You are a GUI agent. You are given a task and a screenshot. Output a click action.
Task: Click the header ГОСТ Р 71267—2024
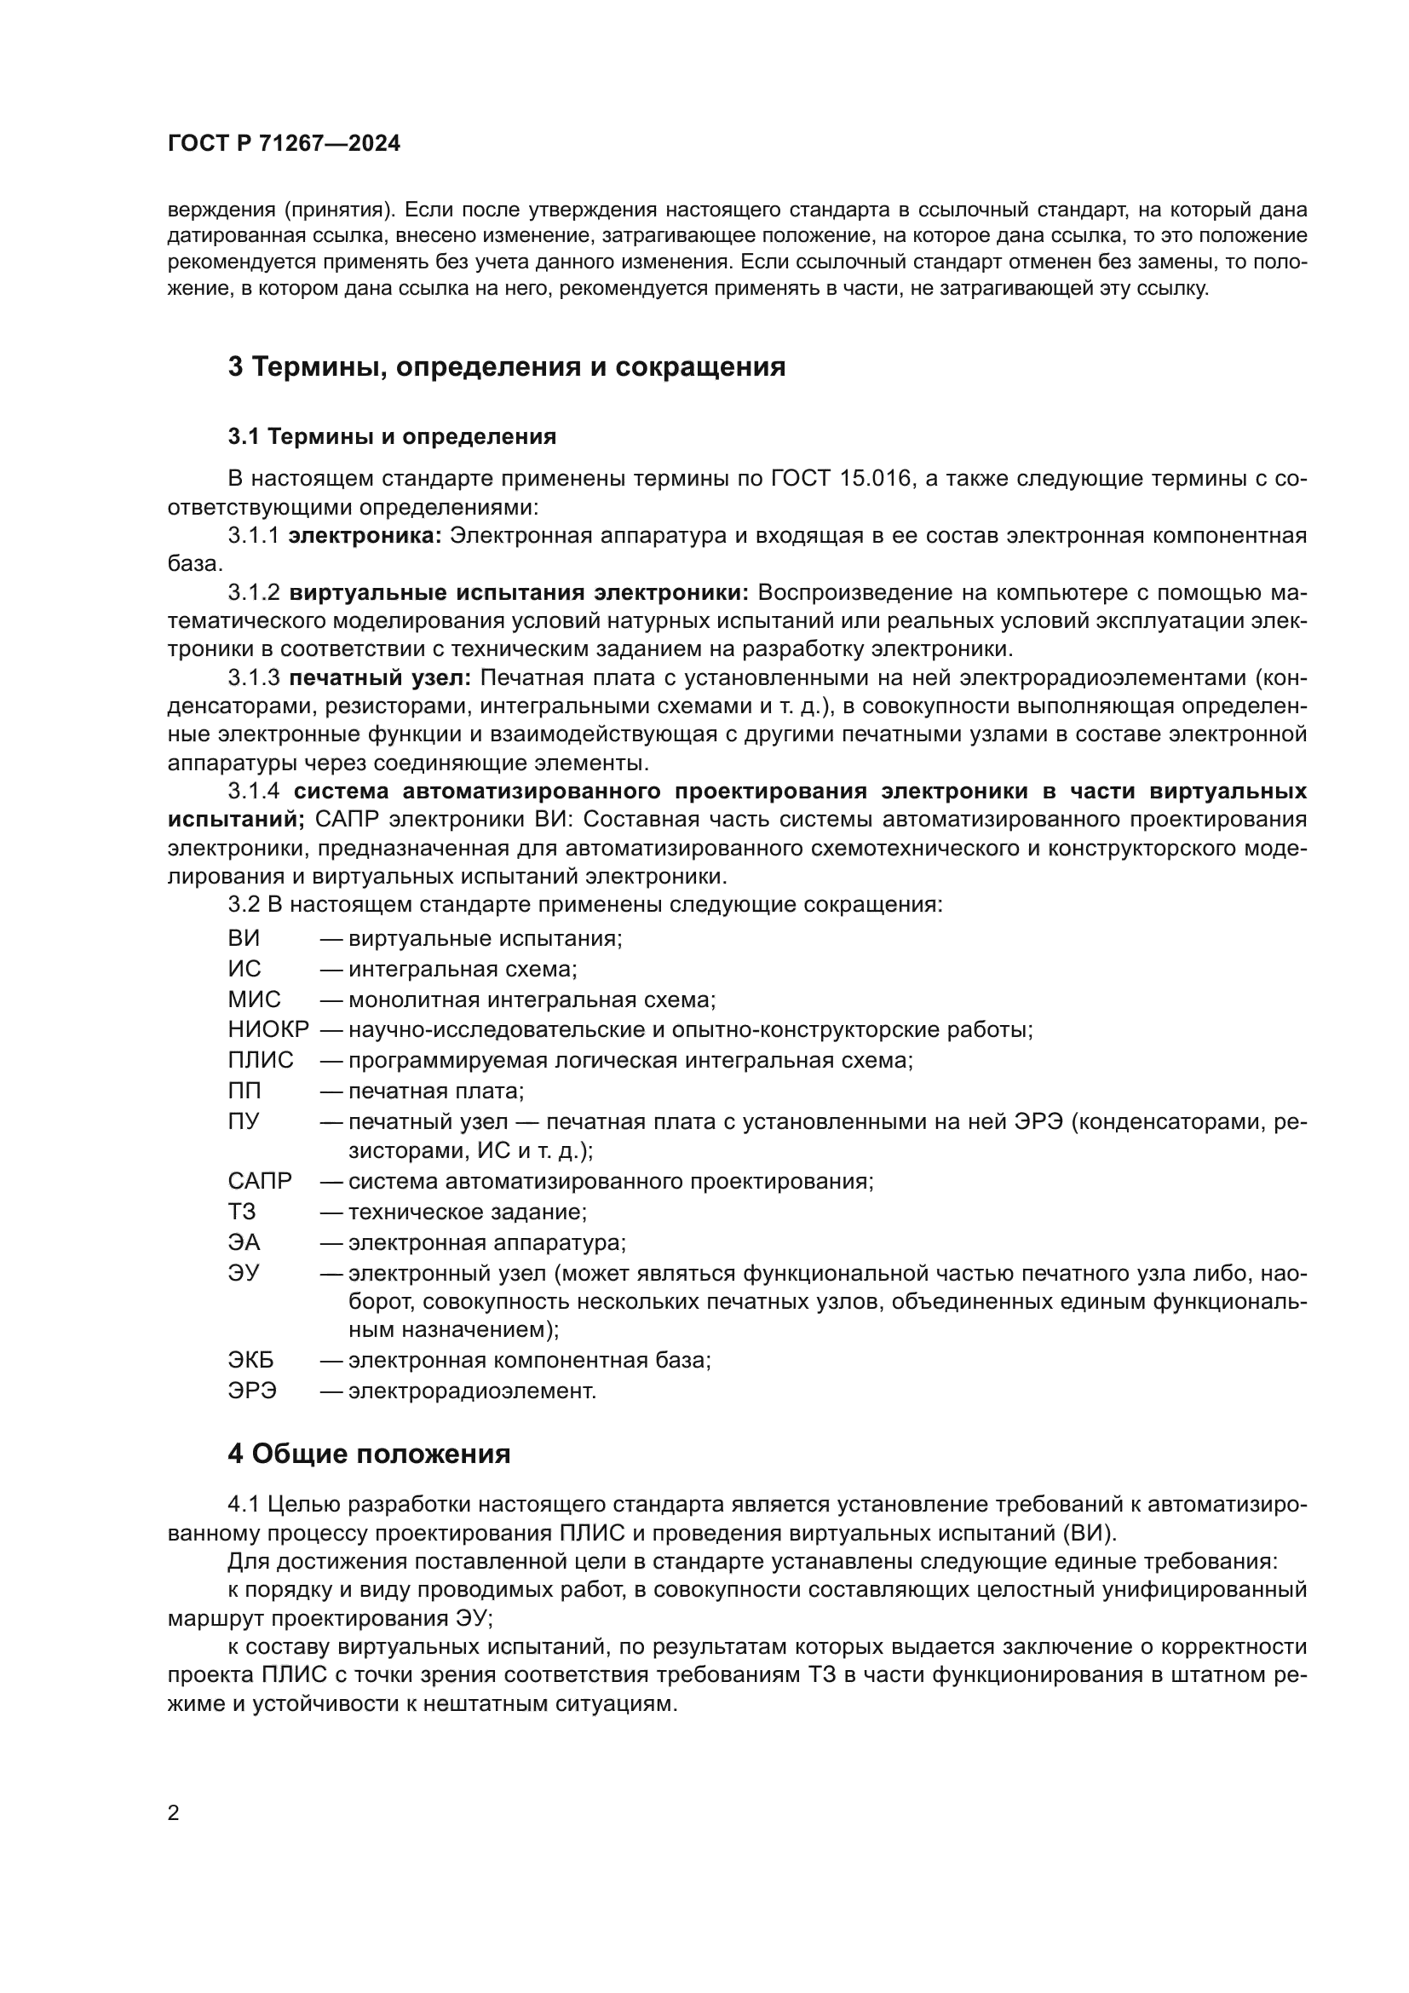point(284,144)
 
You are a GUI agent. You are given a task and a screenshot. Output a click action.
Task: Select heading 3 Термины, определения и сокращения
point(507,367)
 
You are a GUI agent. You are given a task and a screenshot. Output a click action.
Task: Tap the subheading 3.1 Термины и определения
point(391,436)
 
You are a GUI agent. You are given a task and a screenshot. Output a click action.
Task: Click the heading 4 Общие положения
point(369,1454)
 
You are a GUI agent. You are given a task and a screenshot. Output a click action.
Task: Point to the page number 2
point(173,1813)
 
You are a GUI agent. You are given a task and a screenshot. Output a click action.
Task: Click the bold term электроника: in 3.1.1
point(365,536)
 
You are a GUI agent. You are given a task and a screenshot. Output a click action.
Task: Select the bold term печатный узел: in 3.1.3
point(380,678)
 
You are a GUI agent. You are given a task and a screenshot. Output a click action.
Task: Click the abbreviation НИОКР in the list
point(268,1030)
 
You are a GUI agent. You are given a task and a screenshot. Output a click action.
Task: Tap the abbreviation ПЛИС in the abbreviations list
point(261,1061)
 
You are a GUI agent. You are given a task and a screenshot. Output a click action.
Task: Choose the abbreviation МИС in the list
point(254,1000)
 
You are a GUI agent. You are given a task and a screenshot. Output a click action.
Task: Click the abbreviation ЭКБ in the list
point(250,1360)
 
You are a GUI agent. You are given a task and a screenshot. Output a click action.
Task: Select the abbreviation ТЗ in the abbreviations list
point(242,1212)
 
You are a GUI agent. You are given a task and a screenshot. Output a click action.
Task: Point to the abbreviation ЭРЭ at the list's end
point(252,1391)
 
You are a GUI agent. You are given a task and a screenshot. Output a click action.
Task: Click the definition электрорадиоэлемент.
point(472,1391)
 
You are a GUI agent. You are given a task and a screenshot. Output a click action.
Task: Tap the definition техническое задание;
point(468,1212)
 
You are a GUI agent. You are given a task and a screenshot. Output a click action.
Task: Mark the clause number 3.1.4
point(253,792)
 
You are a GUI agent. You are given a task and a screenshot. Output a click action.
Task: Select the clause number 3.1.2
point(253,593)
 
